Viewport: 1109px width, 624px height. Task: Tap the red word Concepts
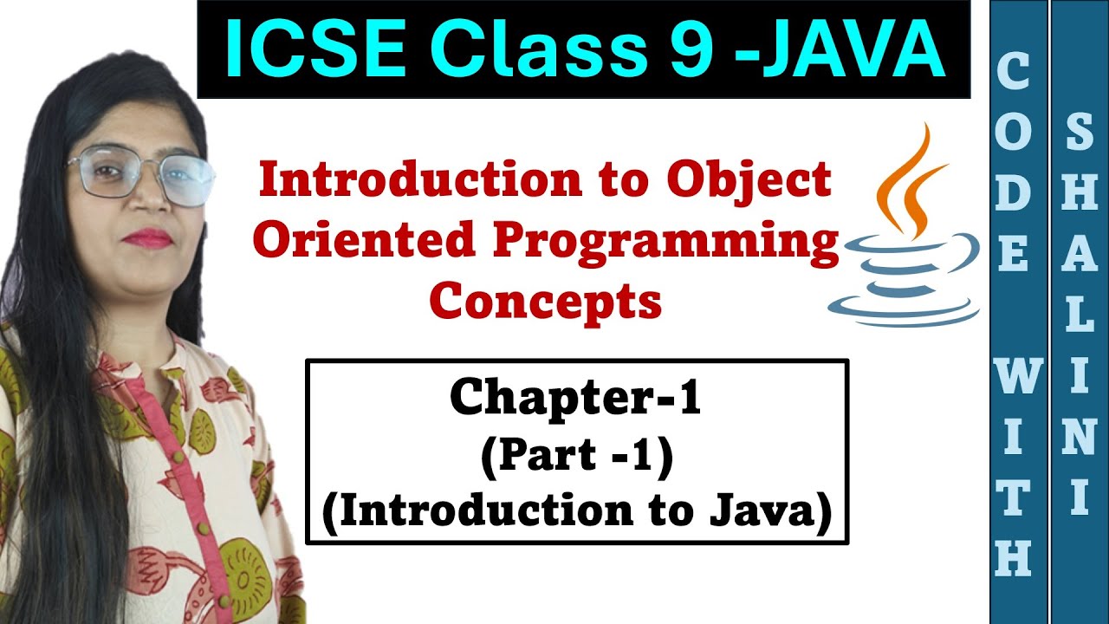(546, 302)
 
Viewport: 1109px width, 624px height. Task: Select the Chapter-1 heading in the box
(575, 398)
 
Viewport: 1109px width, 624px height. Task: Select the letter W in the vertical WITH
(1014, 378)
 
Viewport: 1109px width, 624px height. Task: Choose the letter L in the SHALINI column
(1080, 317)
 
